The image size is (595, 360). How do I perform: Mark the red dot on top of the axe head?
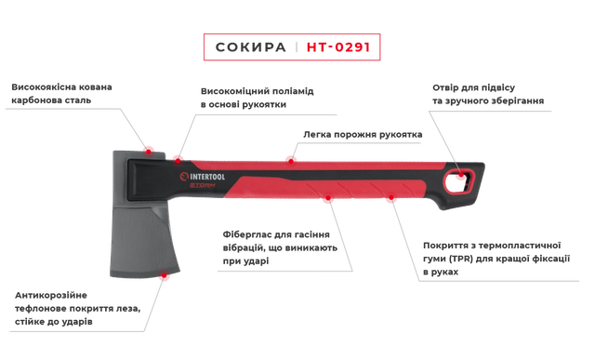coord(151,151)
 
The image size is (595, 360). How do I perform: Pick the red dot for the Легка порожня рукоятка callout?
coord(290,158)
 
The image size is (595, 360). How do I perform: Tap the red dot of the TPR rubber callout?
coord(390,198)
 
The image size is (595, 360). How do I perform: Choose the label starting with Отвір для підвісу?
coord(487,94)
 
